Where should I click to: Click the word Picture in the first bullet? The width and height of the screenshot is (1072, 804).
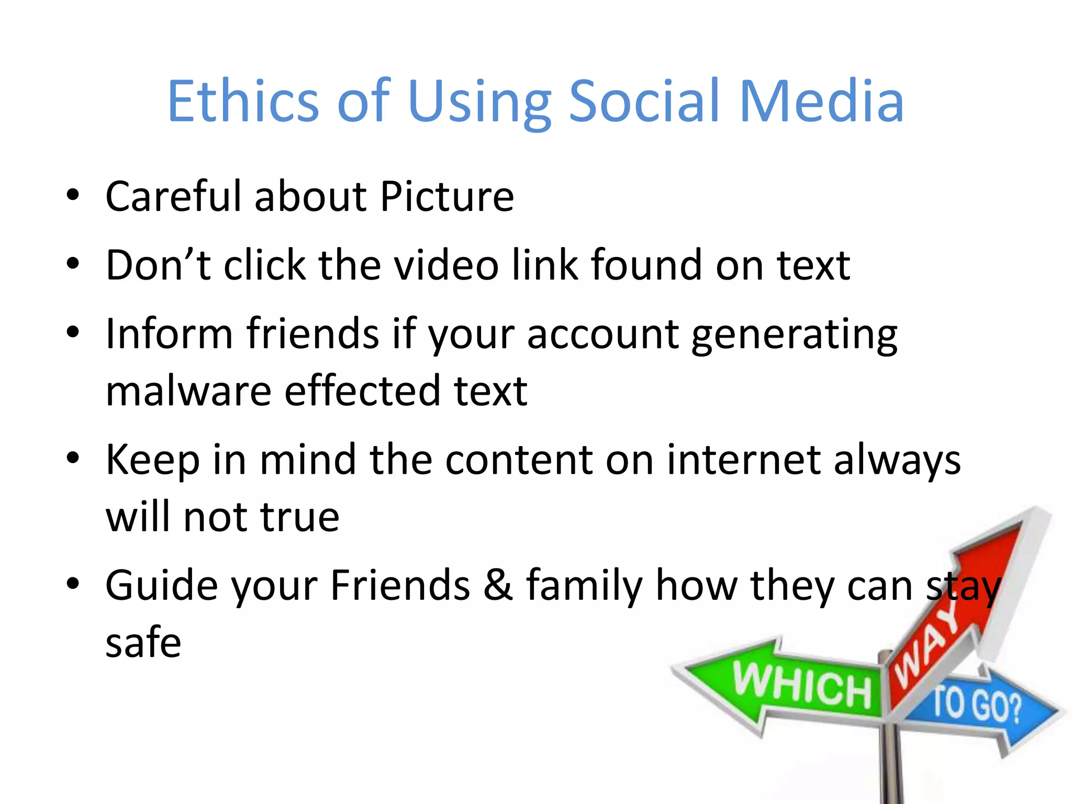(447, 197)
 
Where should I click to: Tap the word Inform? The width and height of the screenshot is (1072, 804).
(169, 333)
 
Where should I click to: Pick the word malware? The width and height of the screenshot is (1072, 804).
(188, 391)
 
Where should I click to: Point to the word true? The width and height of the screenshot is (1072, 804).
(300, 517)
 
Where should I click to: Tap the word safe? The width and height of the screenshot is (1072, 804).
(143, 643)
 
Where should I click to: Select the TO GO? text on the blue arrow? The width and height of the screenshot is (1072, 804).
(977, 705)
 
